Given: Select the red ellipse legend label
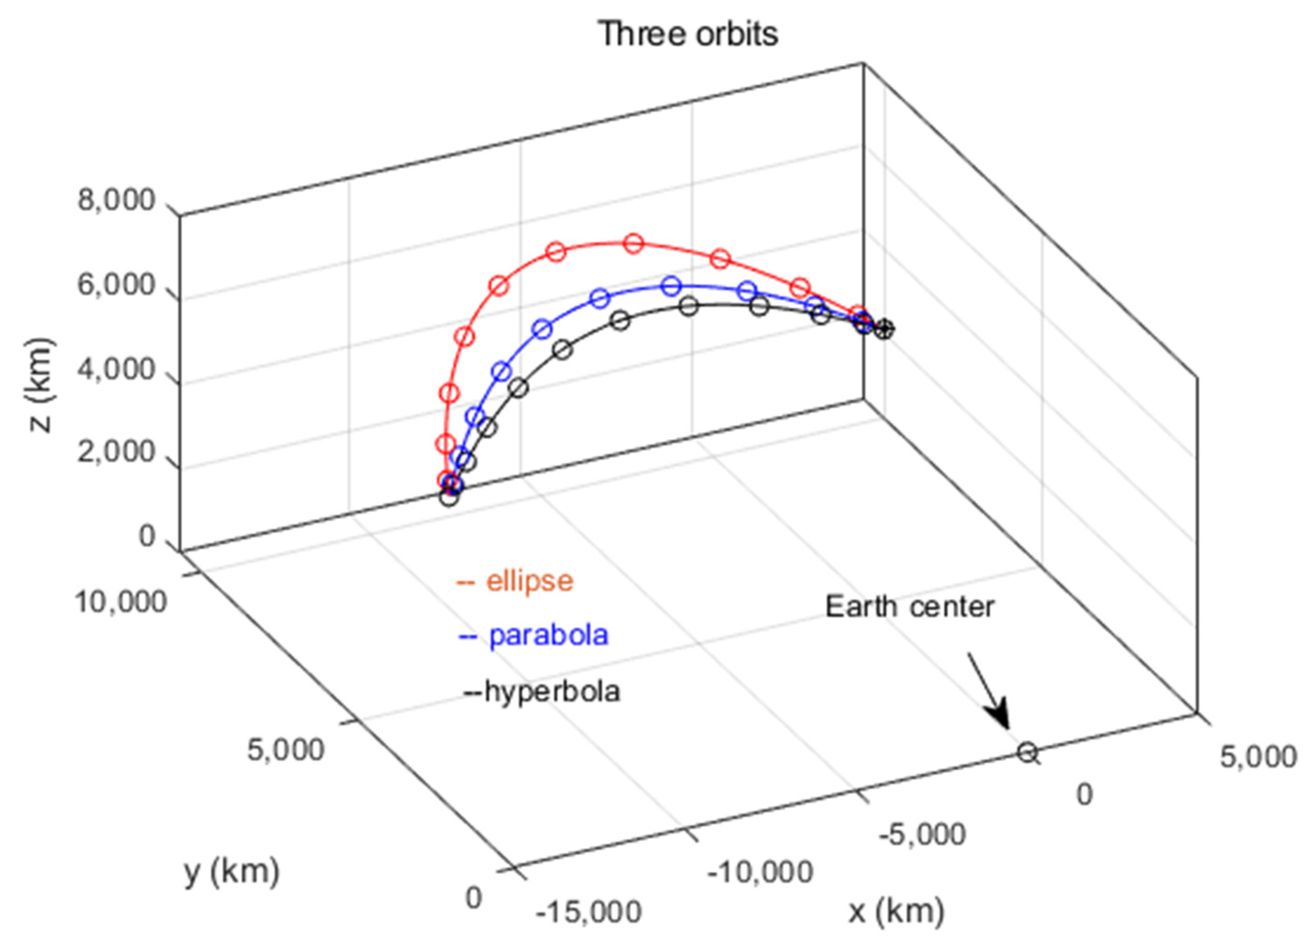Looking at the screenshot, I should (x=529, y=581).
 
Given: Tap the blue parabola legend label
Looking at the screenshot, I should (x=548, y=635).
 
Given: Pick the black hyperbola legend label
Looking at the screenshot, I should (x=551, y=691).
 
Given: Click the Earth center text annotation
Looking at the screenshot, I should (x=909, y=607).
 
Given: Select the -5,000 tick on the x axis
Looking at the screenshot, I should (x=922, y=835).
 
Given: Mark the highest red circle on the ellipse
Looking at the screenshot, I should (x=634, y=243).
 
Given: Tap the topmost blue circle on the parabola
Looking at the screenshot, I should (x=671, y=285).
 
